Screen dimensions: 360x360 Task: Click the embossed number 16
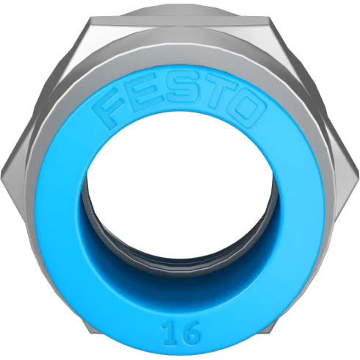181,331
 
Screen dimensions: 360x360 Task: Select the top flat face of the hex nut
181,33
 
